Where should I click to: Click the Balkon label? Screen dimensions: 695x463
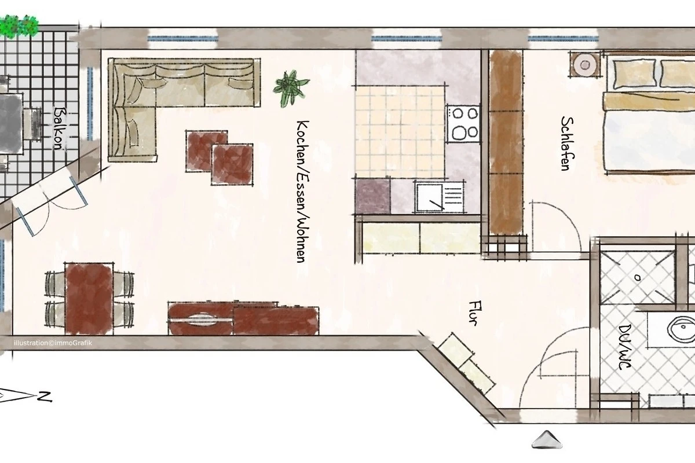click(x=59, y=128)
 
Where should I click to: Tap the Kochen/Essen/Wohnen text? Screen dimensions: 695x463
click(x=303, y=192)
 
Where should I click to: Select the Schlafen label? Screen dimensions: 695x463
click(x=567, y=144)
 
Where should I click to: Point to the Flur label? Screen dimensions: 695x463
click(x=475, y=313)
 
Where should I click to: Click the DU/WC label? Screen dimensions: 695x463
click(x=624, y=347)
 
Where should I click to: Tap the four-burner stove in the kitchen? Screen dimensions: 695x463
click(x=463, y=124)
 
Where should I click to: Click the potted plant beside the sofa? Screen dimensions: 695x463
click(x=291, y=88)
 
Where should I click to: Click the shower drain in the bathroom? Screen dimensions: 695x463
click(x=638, y=278)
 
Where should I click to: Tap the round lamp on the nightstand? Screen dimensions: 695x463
click(x=585, y=65)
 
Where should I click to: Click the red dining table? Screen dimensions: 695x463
click(x=89, y=299)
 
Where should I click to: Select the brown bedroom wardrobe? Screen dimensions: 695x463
click(x=506, y=142)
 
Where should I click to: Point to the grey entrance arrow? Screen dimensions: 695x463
click(x=547, y=439)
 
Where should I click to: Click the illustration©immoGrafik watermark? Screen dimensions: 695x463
click(x=53, y=343)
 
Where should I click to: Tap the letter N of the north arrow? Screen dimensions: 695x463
click(x=45, y=396)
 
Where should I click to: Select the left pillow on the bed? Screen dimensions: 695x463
click(x=634, y=74)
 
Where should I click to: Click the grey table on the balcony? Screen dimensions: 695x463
click(x=11, y=124)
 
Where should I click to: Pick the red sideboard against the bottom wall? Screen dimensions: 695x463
click(x=243, y=318)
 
